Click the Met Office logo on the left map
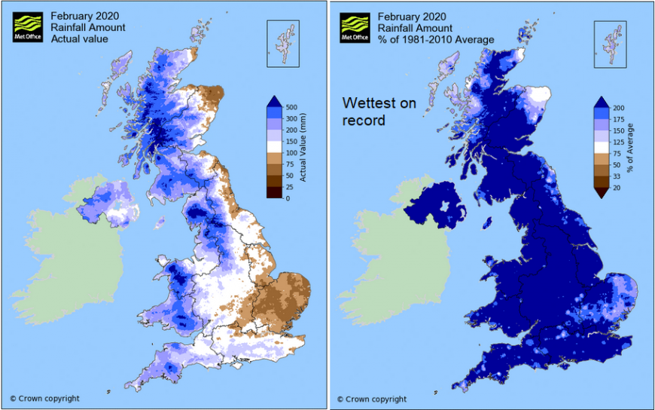click(27, 27)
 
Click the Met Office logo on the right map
click(355, 27)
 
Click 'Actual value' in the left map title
click(78, 38)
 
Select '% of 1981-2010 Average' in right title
click(435, 38)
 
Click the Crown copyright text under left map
click(44, 399)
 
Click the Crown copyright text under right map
click(371, 399)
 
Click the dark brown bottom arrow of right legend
click(602, 193)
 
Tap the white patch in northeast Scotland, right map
click(538, 96)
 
